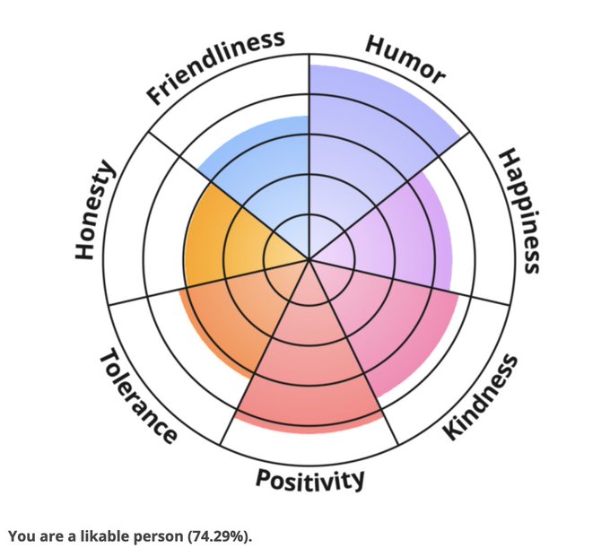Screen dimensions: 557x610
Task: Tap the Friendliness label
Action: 216,65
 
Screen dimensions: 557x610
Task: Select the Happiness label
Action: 519,211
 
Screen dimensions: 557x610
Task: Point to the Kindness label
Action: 481,396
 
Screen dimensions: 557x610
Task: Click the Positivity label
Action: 310,479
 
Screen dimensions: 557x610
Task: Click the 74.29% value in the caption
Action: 219,536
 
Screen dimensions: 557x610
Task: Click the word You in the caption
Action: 20,536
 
